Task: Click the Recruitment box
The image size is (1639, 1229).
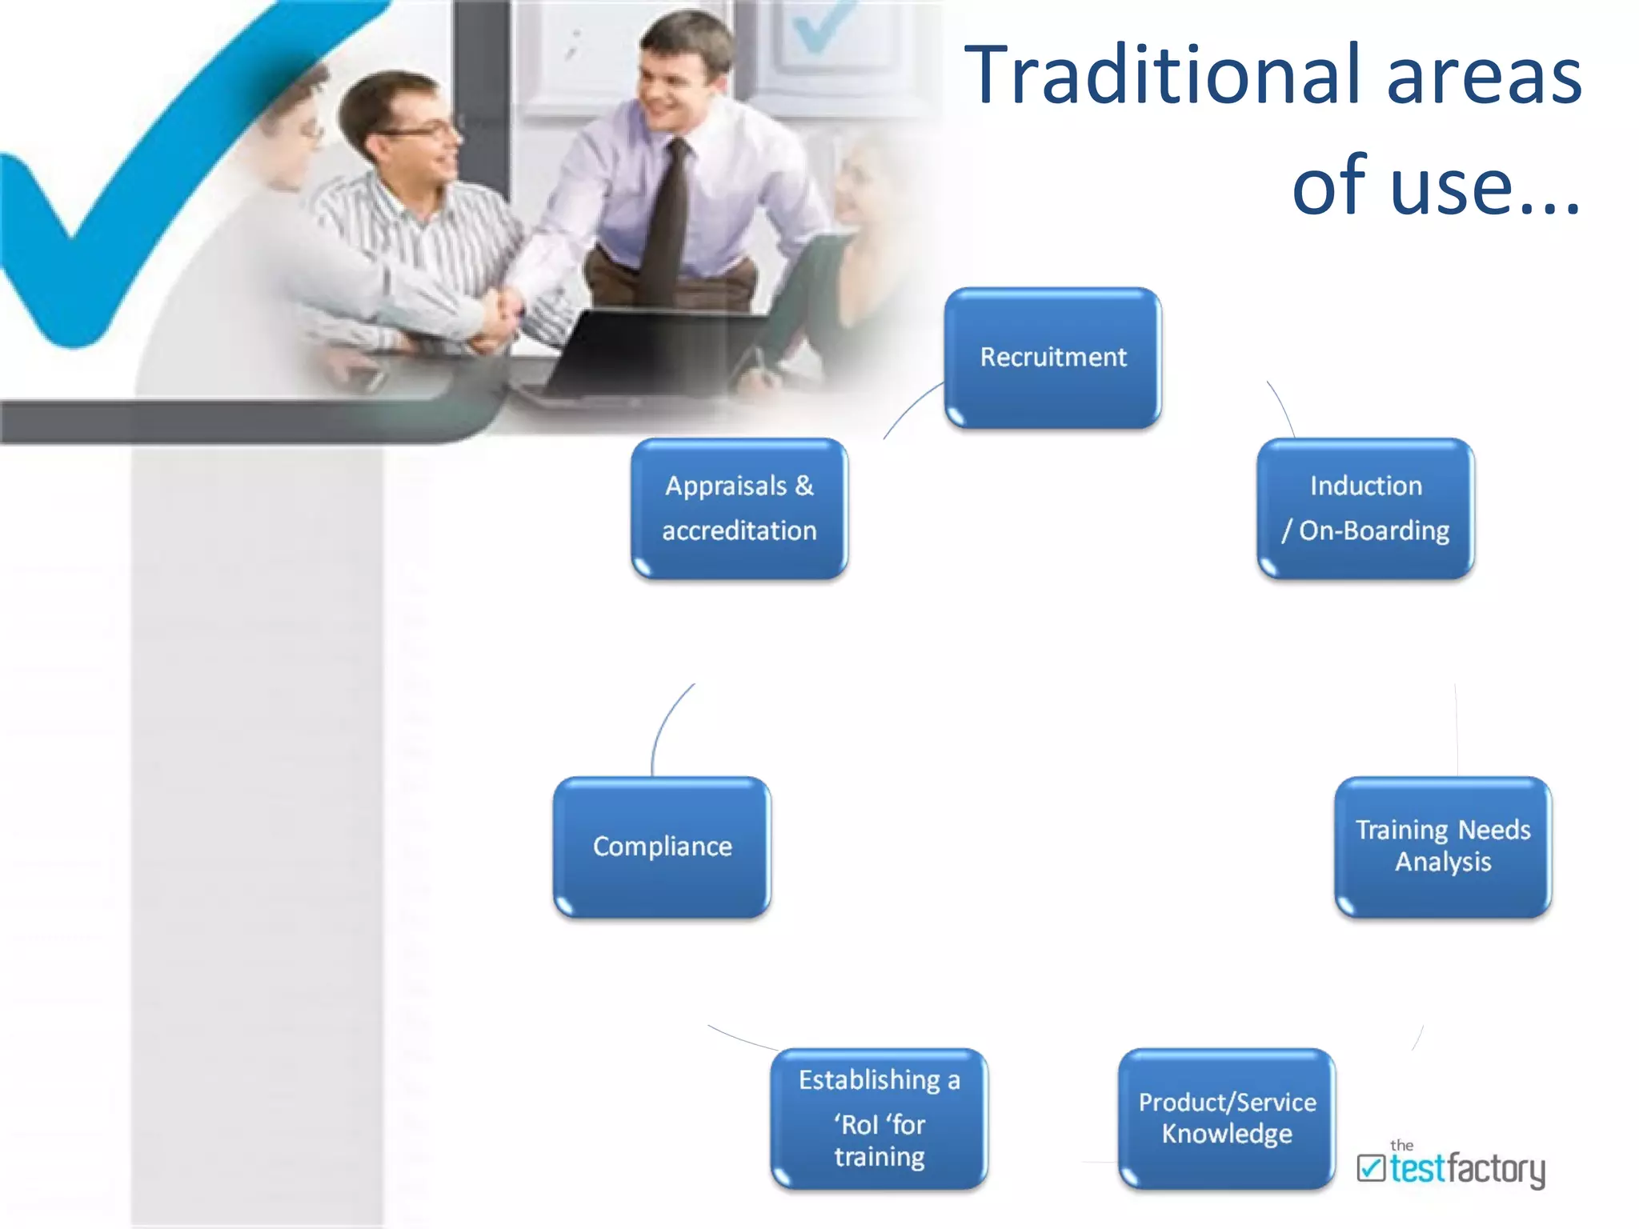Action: pyautogui.click(x=1052, y=358)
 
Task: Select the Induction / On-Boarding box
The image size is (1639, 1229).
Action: pyautogui.click(x=1365, y=508)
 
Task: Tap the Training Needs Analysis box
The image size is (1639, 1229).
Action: pyautogui.click(x=1443, y=847)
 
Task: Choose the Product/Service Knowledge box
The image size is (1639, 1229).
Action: pyautogui.click(x=1227, y=1118)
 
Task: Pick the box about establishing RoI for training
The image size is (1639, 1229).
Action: pyautogui.click(x=879, y=1118)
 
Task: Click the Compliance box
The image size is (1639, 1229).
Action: pyautogui.click(x=662, y=847)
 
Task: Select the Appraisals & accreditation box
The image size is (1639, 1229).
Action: pyautogui.click(x=739, y=508)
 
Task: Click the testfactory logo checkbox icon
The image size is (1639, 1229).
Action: pyautogui.click(x=1371, y=1168)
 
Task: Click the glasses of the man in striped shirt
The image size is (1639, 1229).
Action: pyautogui.click(x=416, y=130)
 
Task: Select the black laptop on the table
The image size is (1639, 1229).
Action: pyautogui.click(x=632, y=352)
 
